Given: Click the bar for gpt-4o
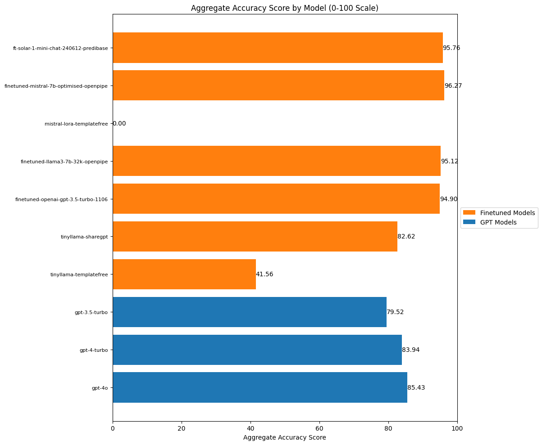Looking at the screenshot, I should pyautogui.click(x=260, y=387).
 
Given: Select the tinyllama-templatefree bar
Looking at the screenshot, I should pyautogui.click(x=184, y=274).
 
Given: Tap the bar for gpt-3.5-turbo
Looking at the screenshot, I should pyautogui.click(x=249, y=312).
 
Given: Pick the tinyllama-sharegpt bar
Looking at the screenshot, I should pyautogui.click(x=255, y=236).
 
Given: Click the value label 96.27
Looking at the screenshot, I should pyautogui.click(x=453, y=85).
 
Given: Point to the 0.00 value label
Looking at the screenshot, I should pyautogui.click(x=119, y=123).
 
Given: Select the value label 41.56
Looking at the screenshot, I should pyautogui.click(x=264, y=274).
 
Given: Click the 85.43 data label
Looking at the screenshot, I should pyautogui.click(x=416, y=387).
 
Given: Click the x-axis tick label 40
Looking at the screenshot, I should pyautogui.click(x=251, y=429).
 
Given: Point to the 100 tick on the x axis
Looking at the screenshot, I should pyautogui.click(x=457, y=429).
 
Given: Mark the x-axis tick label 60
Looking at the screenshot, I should pyautogui.click(x=319, y=429).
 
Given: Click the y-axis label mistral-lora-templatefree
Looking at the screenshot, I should pyautogui.click(x=76, y=124).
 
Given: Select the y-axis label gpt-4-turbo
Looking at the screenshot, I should pyautogui.click(x=93, y=350).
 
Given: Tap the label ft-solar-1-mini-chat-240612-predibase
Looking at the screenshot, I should pyautogui.click(x=60, y=48).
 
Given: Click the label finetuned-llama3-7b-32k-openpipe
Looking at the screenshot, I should pyautogui.click(x=64, y=162).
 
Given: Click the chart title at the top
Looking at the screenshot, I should pyautogui.click(x=284, y=8).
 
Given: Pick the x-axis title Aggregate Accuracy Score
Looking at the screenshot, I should pyautogui.click(x=284, y=437).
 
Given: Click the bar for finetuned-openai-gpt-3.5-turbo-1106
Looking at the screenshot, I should pyautogui.click(x=276, y=198).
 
